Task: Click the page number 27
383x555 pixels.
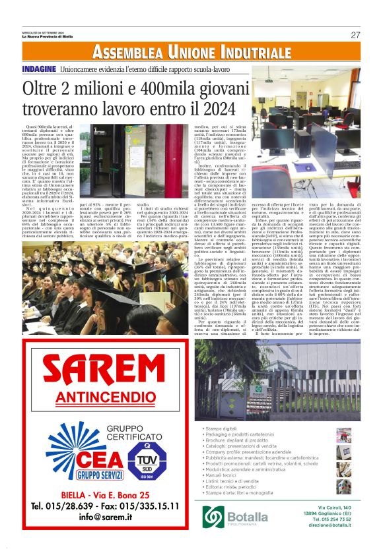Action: [x=355, y=35]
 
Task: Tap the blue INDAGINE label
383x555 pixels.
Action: [x=38, y=69]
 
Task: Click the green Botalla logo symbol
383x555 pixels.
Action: [x=215, y=515]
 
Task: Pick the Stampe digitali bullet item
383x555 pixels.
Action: [x=224, y=429]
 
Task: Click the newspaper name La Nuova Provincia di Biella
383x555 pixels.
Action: [x=46, y=36]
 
